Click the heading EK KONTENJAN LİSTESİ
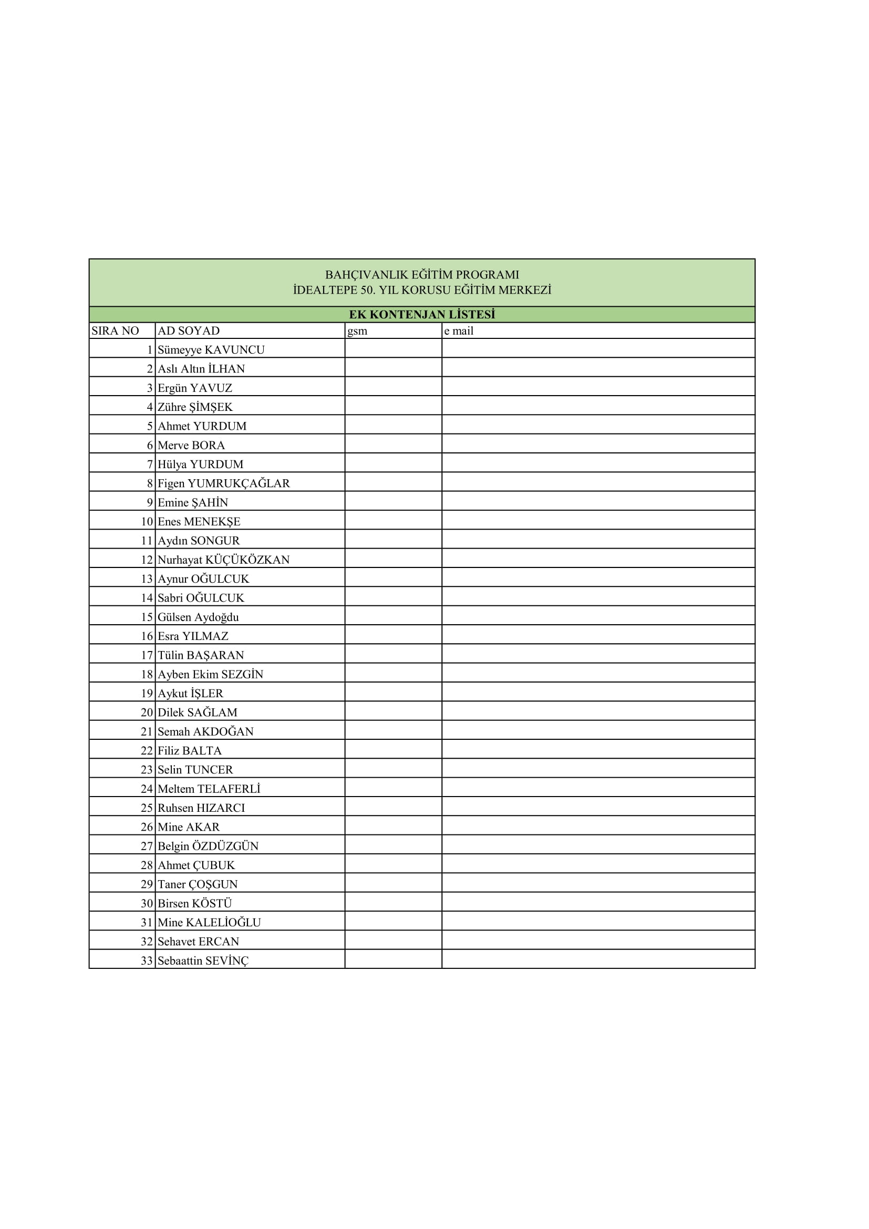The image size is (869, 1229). click(422, 314)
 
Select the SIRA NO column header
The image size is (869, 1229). click(115, 331)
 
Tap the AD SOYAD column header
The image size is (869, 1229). click(189, 331)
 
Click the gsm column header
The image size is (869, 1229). click(357, 331)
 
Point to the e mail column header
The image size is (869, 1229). click(459, 331)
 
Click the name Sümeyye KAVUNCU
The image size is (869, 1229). click(211, 349)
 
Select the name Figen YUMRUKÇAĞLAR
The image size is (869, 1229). click(224, 483)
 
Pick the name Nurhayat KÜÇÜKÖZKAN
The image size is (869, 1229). click(223, 560)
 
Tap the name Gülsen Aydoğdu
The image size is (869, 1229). click(198, 617)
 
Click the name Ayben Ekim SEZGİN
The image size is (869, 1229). click(210, 675)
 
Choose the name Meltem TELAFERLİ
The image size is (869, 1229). click(209, 789)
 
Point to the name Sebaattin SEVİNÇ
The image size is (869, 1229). click(203, 961)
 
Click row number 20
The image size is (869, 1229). click(147, 712)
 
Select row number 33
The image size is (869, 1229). click(147, 961)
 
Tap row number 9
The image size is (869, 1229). click(150, 503)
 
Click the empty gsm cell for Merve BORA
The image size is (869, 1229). click(394, 445)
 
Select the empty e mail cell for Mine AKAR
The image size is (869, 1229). click(598, 827)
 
